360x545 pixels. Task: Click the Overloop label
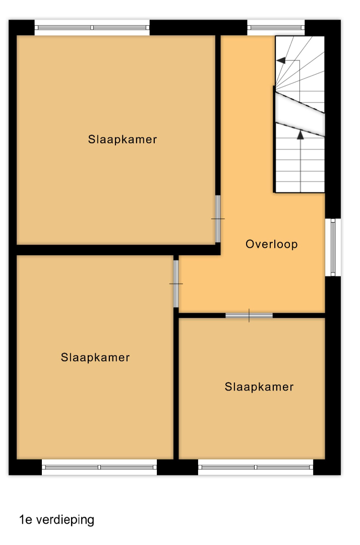pyautogui.click(x=271, y=244)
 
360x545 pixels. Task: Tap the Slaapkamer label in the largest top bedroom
pyautogui.click(x=122, y=139)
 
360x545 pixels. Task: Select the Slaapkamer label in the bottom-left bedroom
pyautogui.click(x=95, y=357)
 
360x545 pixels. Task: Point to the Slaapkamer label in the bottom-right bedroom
pyautogui.click(x=259, y=387)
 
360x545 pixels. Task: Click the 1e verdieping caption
pyautogui.click(x=56, y=520)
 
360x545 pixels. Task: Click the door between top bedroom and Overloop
pyautogui.click(x=218, y=219)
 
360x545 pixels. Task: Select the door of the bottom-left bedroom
pyautogui.click(x=176, y=284)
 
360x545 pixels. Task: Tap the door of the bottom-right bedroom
pyautogui.click(x=249, y=315)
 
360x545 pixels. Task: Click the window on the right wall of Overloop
pyautogui.click(x=333, y=247)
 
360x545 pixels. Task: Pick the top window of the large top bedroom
pyautogui.click(x=92, y=27)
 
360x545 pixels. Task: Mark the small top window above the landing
pyautogui.click(x=276, y=27)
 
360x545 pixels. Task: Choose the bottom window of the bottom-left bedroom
pyautogui.click(x=99, y=467)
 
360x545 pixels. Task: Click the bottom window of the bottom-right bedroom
pyautogui.click(x=256, y=467)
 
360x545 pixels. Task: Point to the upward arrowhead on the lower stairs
pyautogui.click(x=301, y=135)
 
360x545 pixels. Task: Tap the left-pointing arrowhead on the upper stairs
pyautogui.click(x=281, y=61)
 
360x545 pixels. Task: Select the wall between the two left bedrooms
pyautogui.click(x=114, y=250)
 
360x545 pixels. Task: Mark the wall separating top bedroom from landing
pyautogui.click(x=218, y=115)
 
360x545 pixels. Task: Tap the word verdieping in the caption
pyautogui.click(x=65, y=520)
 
